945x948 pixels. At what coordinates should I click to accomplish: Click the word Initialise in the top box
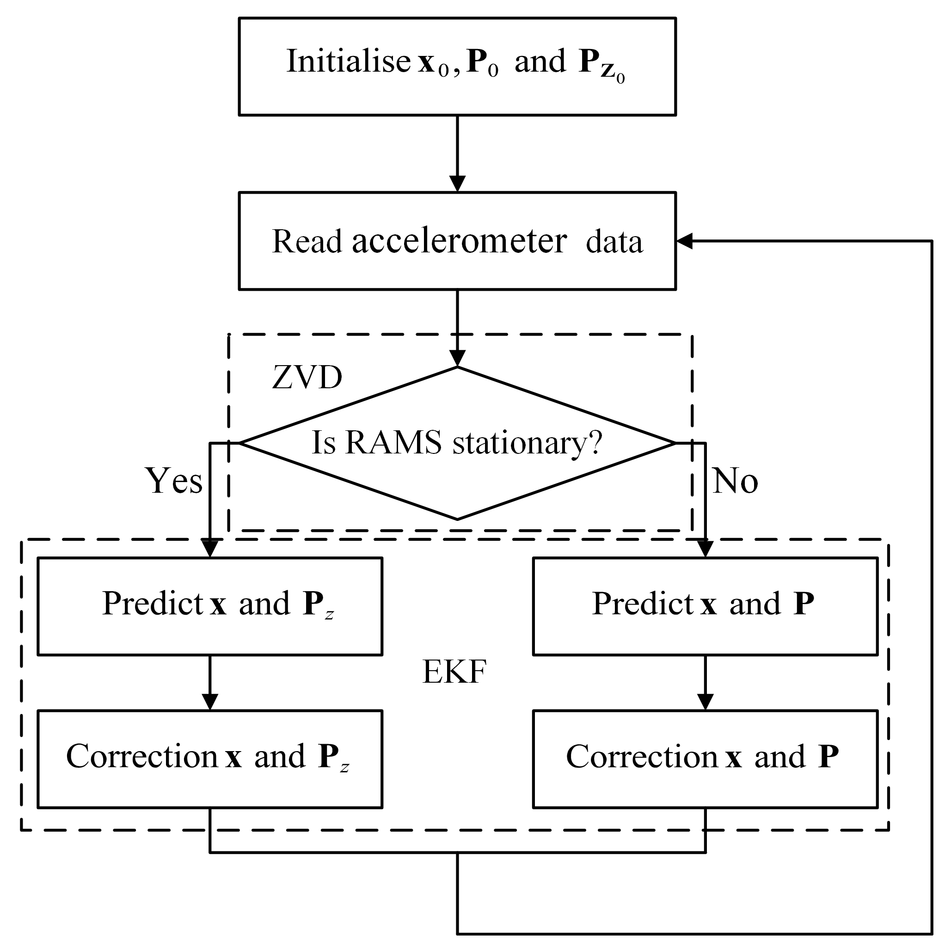click(348, 61)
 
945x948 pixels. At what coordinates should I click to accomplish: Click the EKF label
click(454, 671)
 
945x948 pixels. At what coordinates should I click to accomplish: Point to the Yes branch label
click(174, 480)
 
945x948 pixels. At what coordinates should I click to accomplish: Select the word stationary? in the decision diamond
click(527, 443)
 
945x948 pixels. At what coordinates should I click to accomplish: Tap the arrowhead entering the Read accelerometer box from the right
click(684, 241)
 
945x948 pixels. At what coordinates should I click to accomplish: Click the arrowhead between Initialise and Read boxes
click(458, 183)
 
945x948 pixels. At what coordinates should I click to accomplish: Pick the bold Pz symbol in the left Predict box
click(317, 605)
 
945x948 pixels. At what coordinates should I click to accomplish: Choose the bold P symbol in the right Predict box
click(804, 603)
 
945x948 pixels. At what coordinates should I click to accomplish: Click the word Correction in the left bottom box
click(142, 756)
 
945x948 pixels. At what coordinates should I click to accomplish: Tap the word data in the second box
click(614, 242)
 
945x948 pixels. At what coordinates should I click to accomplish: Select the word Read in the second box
click(307, 241)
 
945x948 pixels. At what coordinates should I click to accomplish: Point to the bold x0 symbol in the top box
click(432, 64)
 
